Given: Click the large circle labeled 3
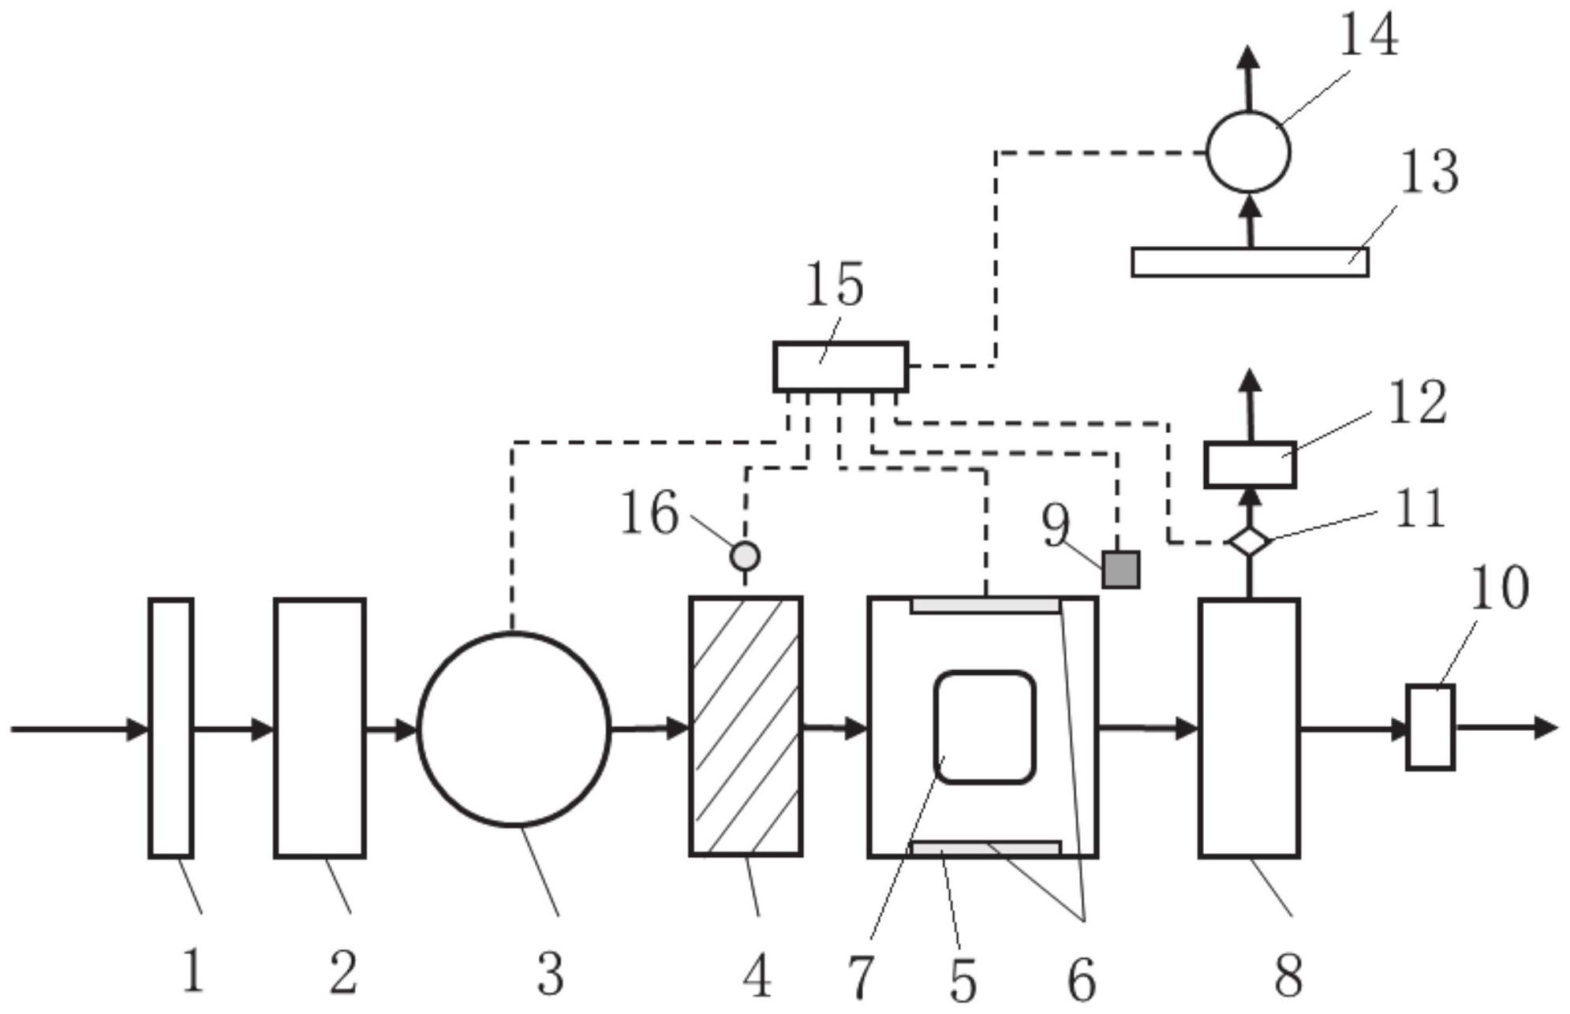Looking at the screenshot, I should (x=514, y=729).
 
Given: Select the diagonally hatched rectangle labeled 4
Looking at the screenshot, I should (x=746, y=726).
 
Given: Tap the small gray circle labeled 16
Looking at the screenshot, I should (x=745, y=556).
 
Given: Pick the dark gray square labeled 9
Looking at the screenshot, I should (x=1120, y=569).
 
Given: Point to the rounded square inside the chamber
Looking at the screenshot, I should (x=984, y=727).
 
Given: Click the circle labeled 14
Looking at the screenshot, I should (x=1248, y=152).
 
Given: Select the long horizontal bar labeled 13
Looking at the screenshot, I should (x=1250, y=263).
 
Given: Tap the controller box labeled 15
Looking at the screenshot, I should (x=840, y=367).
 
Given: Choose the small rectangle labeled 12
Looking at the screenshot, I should (x=1250, y=464).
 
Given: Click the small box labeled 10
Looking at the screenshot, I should (x=1430, y=727).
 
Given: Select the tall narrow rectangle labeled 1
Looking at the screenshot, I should (x=171, y=727).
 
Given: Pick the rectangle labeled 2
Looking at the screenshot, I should (x=320, y=727).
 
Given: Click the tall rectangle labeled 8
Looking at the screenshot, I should (x=1249, y=727).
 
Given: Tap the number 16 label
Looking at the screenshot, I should (x=649, y=513).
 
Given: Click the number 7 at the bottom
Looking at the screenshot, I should (x=861, y=977).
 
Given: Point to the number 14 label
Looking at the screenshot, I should (x=1369, y=35).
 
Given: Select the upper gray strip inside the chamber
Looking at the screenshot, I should (x=985, y=606).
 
